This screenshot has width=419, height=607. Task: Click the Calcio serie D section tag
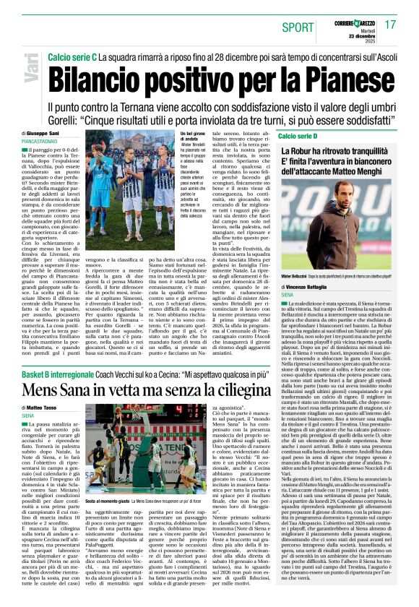pyautogui.click(x=298, y=135)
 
